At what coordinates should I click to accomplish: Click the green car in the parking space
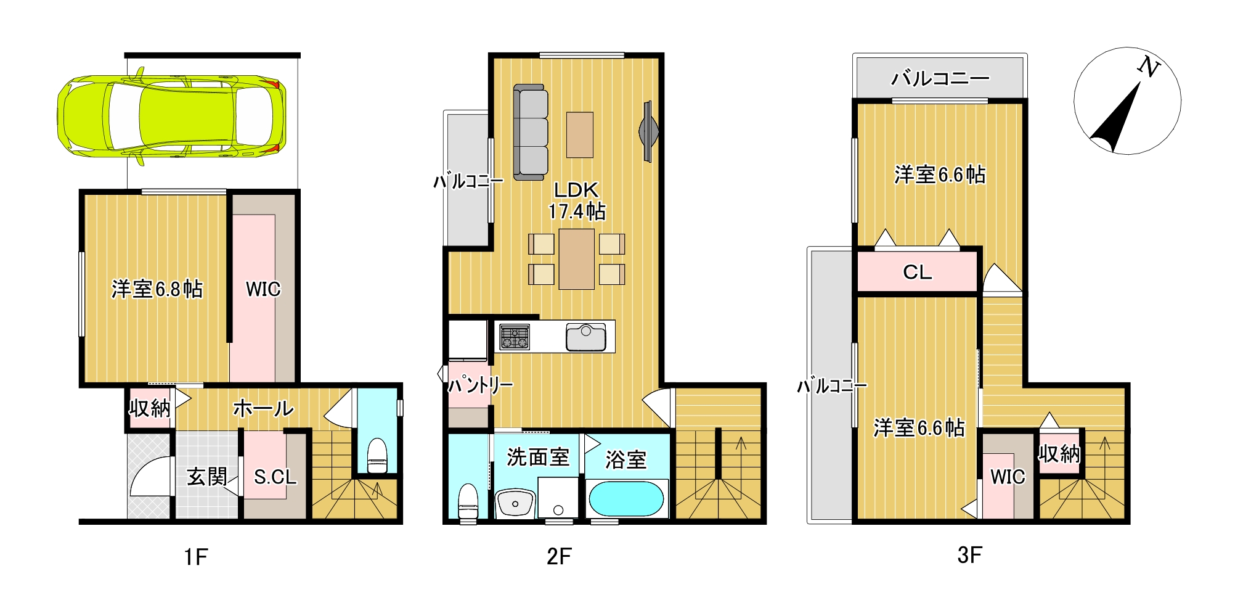171,117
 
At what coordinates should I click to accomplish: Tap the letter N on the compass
1148,67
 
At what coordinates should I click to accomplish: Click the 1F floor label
196,557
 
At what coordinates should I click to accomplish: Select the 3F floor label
969,555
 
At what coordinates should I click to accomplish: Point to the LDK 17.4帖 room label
577,200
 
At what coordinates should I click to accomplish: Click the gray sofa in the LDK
531,133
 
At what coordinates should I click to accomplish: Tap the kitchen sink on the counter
586,337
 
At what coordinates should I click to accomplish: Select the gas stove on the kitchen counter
515,337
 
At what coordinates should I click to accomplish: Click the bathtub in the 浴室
626,498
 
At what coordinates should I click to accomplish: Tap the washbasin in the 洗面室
515,503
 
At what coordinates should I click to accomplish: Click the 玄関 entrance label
207,476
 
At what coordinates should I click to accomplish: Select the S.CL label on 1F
275,477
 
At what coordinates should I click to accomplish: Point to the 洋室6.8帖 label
157,289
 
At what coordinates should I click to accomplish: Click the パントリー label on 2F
480,385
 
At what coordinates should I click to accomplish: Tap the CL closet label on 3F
917,272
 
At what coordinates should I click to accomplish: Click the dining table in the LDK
577,259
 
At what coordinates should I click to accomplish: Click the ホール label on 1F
263,408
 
